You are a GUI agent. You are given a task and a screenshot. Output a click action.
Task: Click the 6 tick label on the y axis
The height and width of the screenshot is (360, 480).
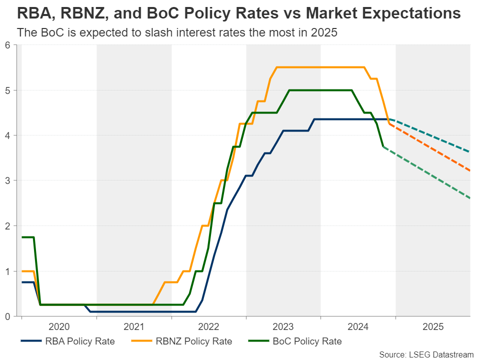tap(7, 45)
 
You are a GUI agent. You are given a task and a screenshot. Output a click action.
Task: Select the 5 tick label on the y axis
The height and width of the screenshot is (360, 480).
tap(7, 90)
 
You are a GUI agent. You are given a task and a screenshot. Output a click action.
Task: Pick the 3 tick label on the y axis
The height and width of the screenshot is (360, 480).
tap(7, 181)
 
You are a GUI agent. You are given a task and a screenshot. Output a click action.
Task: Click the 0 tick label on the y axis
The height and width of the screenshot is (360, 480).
tap(7, 316)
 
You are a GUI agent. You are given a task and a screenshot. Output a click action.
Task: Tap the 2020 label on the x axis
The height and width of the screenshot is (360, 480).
tap(59, 327)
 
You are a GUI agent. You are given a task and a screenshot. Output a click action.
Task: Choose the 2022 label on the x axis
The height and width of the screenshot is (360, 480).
tap(208, 327)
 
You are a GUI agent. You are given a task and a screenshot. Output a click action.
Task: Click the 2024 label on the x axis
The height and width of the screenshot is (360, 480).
tap(358, 327)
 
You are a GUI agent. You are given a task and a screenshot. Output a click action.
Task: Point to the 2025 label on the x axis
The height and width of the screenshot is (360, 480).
tap(433, 327)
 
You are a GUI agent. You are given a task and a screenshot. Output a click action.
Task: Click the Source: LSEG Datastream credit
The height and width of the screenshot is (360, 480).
tap(425, 354)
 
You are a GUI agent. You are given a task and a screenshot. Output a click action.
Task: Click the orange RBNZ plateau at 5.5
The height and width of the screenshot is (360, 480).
tap(320, 67)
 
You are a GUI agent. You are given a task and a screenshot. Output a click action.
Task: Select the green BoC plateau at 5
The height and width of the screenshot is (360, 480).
tap(320, 90)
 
